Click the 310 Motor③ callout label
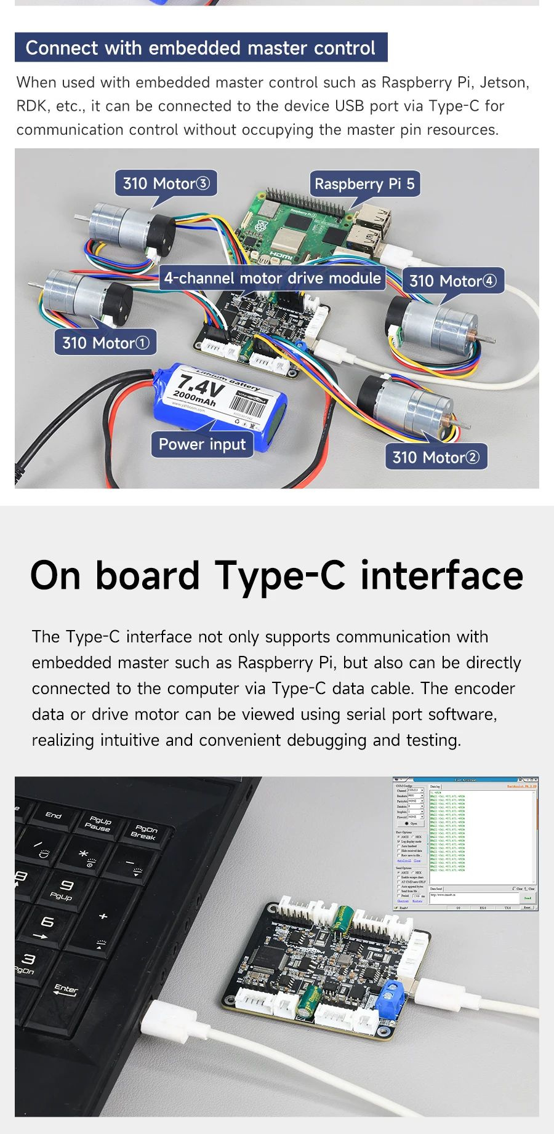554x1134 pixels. click(x=166, y=183)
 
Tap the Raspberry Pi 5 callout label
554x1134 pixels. click(x=364, y=184)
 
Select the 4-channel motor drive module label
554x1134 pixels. click(x=272, y=278)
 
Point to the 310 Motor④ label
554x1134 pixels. click(x=452, y=281)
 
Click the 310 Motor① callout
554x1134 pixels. click(x=105, y=343)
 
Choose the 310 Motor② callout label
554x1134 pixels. click(x=435, y=457)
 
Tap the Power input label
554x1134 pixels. click(x=202, y=444)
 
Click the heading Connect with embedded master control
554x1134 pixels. click(x=201, y=48)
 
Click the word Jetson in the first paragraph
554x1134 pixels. click(x=504, y=82)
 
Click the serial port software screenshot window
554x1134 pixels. click(x=465, y=844)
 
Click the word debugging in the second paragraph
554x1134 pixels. click(x=327, y=740)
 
